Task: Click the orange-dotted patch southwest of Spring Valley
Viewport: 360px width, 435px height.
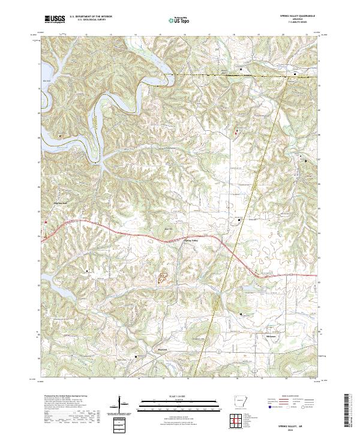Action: pos(163,277)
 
